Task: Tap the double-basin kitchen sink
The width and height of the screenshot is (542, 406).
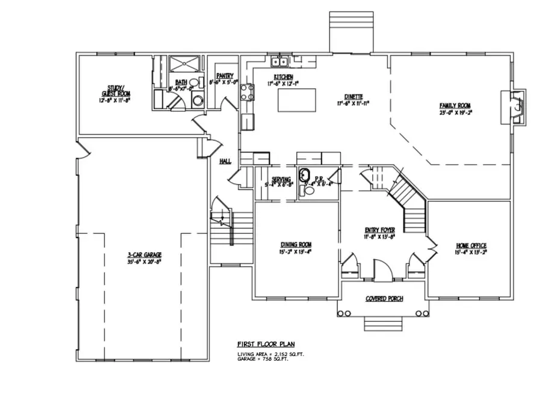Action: tap(280, 60)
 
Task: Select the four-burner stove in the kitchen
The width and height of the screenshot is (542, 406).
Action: tap(246, 91)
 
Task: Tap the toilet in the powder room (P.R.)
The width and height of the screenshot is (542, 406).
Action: tap(308, 191)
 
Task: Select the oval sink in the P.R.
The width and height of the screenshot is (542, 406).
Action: tap(305, 176)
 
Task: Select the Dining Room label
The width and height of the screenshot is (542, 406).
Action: tap(296, 244)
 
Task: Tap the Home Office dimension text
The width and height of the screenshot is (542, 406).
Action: tap(471, 253)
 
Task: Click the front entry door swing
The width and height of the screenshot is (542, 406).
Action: tap(381, 269)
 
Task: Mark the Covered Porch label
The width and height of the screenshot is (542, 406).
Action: tap(384, 299)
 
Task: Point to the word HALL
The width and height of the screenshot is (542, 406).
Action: tap(225, 161)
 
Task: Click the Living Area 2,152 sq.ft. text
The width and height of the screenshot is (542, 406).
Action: tap(271, 355)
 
